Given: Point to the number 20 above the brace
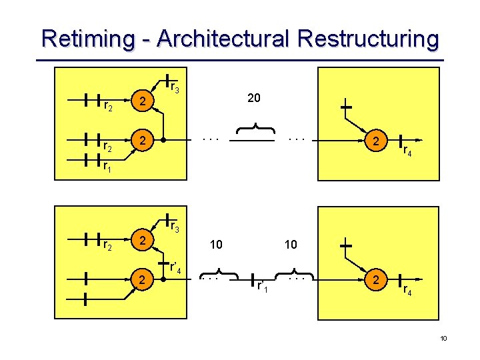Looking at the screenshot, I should (253, 98).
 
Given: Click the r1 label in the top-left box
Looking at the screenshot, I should (107, 167).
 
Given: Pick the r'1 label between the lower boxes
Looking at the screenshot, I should (263, 286).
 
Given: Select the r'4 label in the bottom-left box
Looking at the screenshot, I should (177, 269).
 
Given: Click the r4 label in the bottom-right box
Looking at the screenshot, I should (407, 290).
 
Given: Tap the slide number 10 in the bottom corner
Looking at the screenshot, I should (443, 339).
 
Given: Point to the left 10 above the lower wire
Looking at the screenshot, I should (216, 245).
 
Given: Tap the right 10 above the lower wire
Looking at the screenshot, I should (291, 245).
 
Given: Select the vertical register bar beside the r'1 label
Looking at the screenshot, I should (252, 281).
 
